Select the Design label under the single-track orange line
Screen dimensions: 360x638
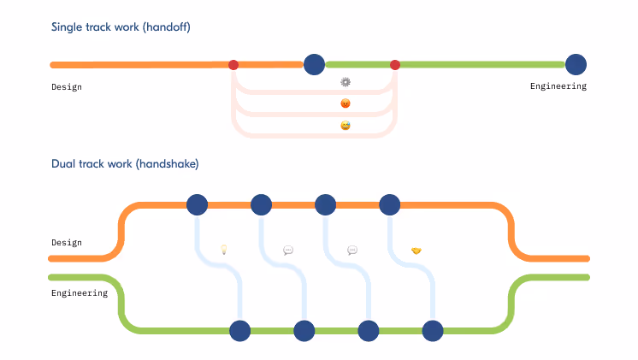pos(67,86)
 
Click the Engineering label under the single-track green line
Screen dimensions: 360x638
pos(558,86)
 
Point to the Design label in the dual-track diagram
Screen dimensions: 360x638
pos(67,243)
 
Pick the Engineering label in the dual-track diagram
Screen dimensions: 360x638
pos(79,293)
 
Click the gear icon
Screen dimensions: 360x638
pos(346,82)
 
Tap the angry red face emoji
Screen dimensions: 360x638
pos(346,103)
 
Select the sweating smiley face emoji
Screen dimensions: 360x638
pos(346,126)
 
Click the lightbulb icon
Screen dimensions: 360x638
pos(224,251)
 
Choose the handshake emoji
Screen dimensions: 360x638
pos(416,251)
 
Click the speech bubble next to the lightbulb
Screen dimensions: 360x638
pos(288,251)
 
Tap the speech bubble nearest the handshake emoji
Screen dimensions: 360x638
pos(352,251)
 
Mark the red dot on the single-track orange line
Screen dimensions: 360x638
pos(233,65)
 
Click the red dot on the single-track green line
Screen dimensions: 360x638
pos(395,65)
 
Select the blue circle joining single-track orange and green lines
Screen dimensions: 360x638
pos(315,64)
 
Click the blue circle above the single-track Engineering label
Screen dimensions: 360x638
pos(576,64)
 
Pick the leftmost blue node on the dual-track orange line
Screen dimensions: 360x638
pos(198,205)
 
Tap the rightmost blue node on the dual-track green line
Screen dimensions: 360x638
pos(433,331)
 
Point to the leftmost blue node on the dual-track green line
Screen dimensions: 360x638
pos(240,331)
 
